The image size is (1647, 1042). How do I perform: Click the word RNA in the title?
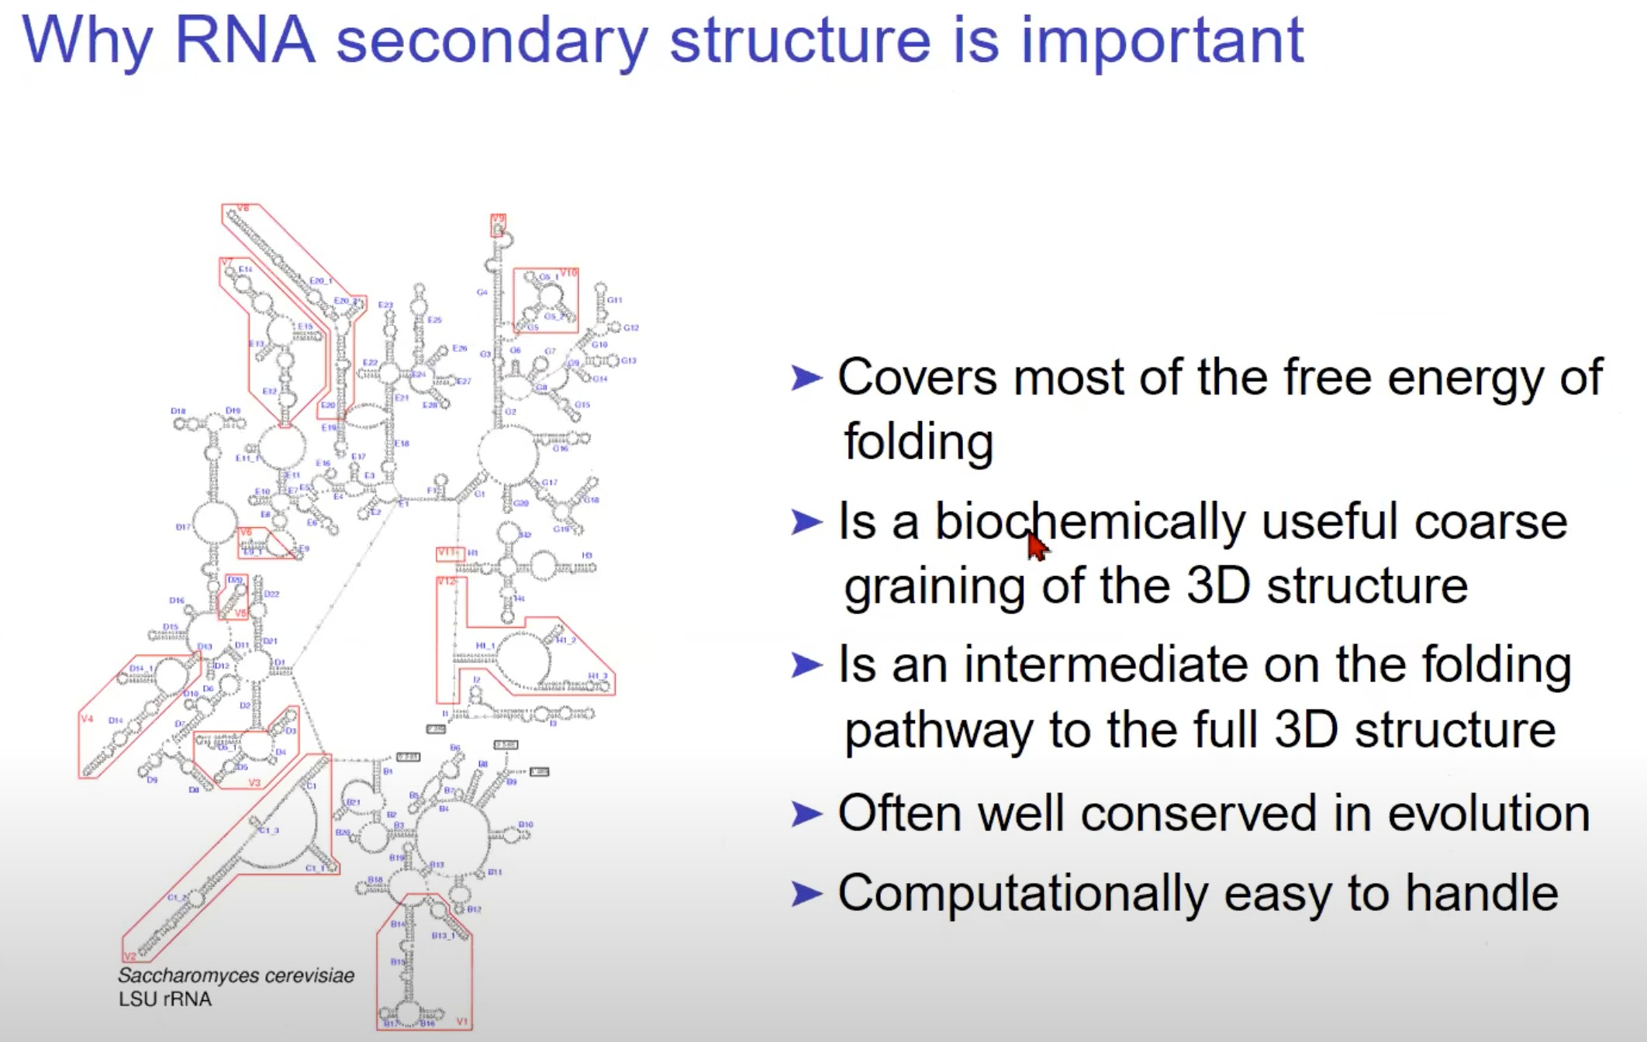click(245, 40)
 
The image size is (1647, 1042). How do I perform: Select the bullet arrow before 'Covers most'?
click(806, 378)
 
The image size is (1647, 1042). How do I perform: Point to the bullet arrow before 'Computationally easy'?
click(806, 894)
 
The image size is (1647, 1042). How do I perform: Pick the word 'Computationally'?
click(1023, 894)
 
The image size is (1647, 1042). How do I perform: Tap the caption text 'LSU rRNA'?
click(164, 999)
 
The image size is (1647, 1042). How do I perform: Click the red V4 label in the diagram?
click(87, 719)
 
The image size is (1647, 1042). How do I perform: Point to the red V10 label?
click(568, 273)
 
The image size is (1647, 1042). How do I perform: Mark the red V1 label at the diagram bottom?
click(462, 1022)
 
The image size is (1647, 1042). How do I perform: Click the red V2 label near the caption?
click(129, 957)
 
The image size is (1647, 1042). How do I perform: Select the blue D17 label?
click(183, 527)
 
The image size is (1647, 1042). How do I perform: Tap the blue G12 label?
click(631, 328)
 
